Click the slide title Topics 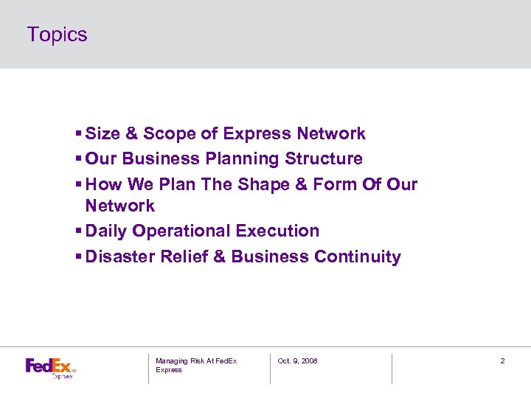coord(57,35)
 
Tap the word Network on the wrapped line coord(119,206)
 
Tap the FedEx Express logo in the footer coord(50,366)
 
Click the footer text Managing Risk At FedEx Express coord(195,365)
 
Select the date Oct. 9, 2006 coord(297,360)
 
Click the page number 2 coord(502,360)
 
